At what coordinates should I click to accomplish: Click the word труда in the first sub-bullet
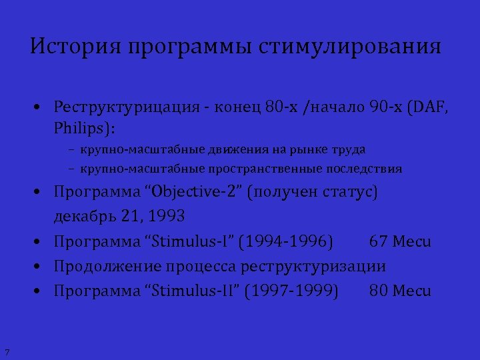(x=351, y=150)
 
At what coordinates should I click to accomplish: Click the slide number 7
(x=6, y=351)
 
